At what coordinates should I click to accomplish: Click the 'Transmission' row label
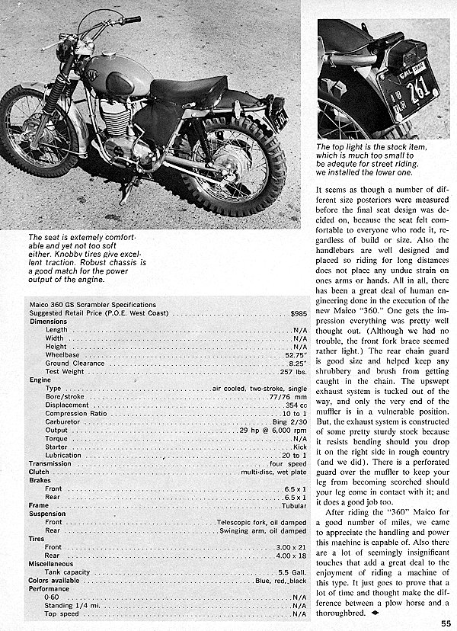[50, 463]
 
